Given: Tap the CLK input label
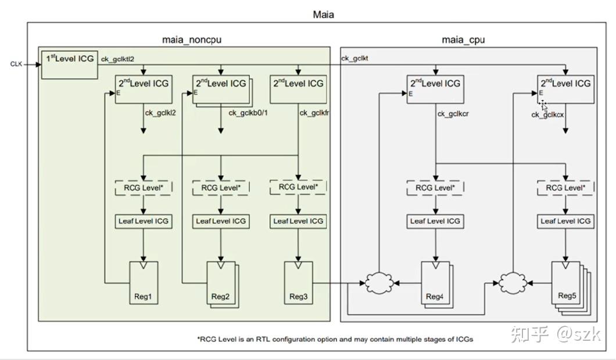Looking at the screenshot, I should (16, 64).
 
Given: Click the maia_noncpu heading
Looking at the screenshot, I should (191, 40).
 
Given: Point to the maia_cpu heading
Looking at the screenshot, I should (463, 40).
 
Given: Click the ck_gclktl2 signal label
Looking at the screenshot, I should (118, 59).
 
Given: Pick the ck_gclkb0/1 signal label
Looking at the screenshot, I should (248, 113).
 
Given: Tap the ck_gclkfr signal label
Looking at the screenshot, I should (314, 113).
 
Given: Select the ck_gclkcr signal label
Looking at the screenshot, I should (453, 113).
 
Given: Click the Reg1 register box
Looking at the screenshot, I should (142, 282).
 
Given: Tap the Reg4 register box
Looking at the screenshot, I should (434, 282).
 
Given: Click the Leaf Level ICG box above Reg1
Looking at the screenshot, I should (143, 221).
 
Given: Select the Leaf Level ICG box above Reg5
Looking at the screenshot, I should (565, 221).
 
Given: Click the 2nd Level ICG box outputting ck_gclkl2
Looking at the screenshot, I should (143, 89).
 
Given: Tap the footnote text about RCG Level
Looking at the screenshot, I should (335, 338).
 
